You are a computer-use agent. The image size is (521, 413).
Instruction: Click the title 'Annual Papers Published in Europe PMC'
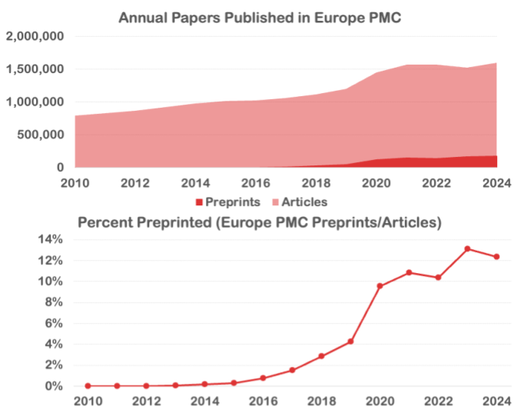260,17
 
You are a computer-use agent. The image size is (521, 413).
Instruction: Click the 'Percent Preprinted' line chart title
260,222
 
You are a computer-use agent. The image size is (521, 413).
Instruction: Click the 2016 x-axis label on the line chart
263,401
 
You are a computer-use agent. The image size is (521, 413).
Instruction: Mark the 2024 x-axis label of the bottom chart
496,401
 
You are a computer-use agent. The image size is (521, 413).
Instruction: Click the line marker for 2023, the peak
467,248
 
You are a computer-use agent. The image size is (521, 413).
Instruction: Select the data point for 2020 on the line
380,286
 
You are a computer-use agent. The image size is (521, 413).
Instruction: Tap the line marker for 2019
350,341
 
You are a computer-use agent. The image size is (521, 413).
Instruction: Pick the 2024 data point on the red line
496,257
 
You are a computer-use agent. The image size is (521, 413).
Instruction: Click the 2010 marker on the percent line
88,386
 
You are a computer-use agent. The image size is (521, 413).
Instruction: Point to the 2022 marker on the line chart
438,278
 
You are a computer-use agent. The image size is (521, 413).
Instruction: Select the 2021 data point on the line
409,273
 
